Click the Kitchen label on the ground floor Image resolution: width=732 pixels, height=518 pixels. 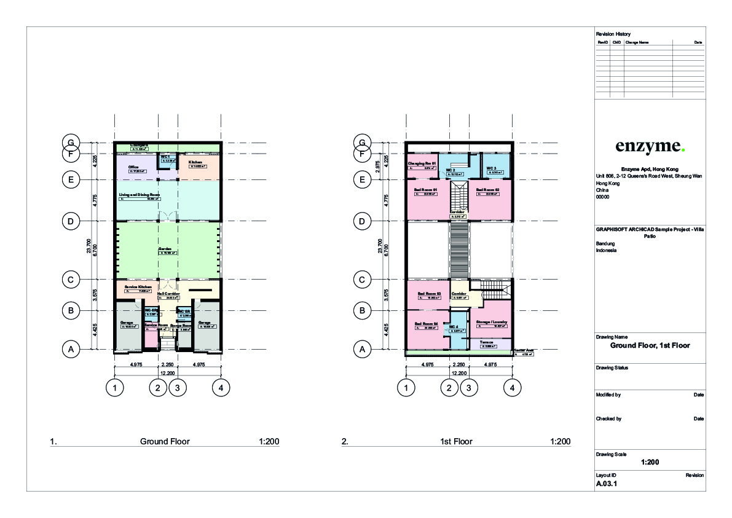coord(195,162)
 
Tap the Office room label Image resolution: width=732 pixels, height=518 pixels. coord(133,167)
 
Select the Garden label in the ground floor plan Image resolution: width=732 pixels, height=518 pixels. coord(165,249)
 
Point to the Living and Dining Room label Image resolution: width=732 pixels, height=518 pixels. coord(140,194)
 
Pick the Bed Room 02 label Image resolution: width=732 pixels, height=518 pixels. coord(489,190)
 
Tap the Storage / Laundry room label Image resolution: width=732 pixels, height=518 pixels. coord(491,321)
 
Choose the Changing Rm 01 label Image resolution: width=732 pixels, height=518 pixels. coord(422,163)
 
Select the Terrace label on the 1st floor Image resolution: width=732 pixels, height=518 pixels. coord(487,342)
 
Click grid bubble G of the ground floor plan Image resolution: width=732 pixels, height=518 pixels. coord(71,143)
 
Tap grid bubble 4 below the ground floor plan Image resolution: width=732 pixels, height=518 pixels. coord(221,388)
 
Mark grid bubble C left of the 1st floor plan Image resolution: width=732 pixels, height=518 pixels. coord(363,280)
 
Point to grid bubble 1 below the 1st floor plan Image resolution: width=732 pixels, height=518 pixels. coord(406,388)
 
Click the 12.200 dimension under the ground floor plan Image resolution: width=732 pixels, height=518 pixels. coord(167,374)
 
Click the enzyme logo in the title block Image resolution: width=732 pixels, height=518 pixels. coord(650,146)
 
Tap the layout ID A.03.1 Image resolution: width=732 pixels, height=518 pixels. coord(606,484)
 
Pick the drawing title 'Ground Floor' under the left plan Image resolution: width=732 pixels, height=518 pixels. coord(165,441)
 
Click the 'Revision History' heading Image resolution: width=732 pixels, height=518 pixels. coord(613,33)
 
